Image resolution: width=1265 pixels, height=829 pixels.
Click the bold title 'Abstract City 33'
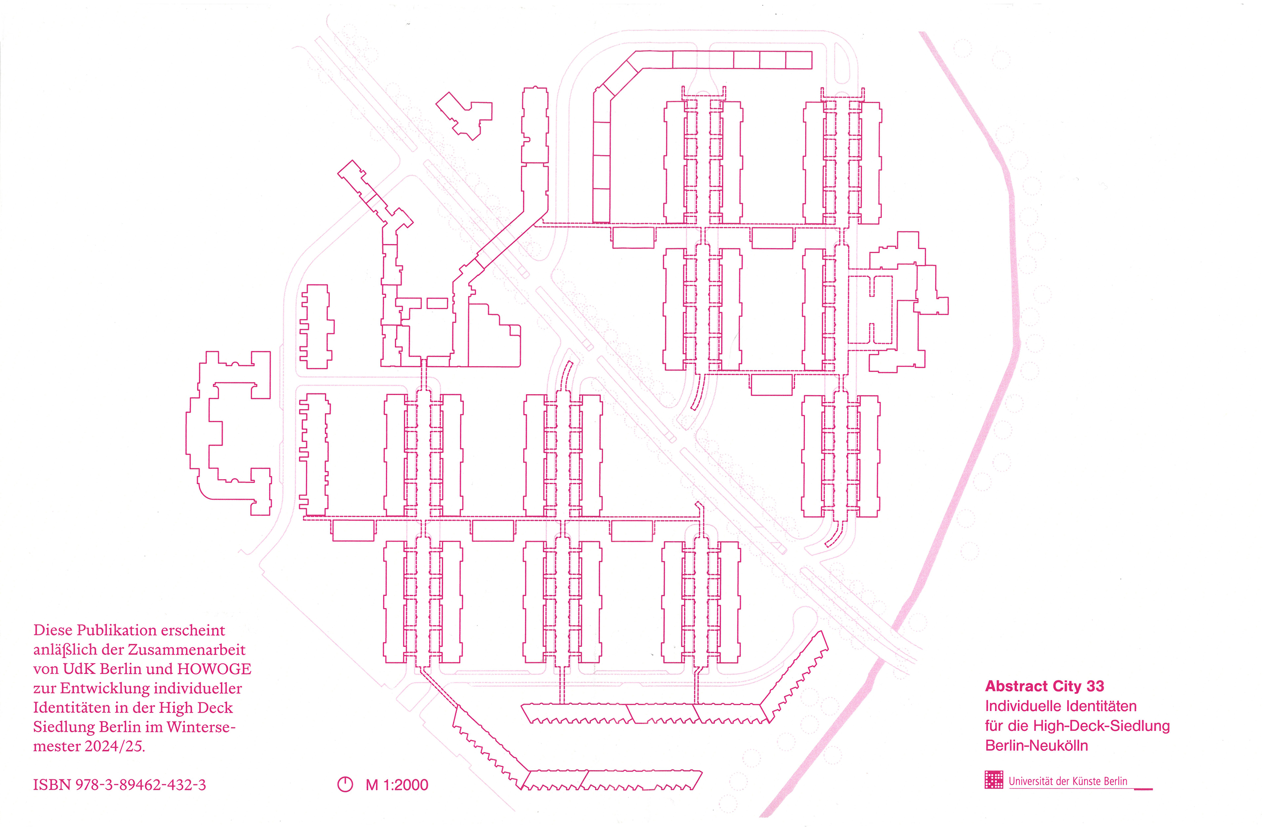pos(1045,687)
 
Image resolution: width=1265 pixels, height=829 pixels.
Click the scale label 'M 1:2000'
pos(397,785)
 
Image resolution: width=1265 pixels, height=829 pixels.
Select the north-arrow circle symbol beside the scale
pos(345,784)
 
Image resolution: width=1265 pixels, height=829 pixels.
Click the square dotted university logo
pos(993,780)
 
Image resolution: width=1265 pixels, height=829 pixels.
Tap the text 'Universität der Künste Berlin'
pos(1068,781)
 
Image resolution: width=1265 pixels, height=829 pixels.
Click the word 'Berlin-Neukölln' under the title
pos(1036,745)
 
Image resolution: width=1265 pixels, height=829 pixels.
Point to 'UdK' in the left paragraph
pos(79,669)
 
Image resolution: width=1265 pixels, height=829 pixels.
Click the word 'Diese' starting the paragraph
pos(52,630)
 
